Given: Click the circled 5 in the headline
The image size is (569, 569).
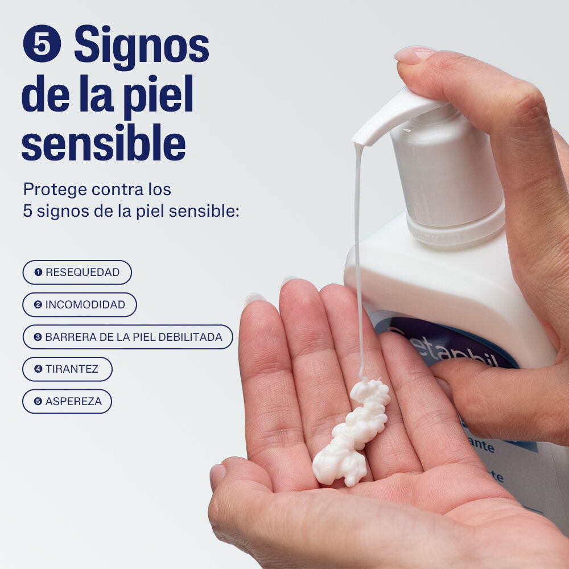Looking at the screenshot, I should click(x=42, y=43).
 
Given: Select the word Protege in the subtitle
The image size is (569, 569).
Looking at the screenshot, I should click(x=54, y=189).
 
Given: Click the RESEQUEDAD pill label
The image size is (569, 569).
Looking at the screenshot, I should click(x=77, y=273).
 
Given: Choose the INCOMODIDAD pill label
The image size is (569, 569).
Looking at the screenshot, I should click(x=80, y=304).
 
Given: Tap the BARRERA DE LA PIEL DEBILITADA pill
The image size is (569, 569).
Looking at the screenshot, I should click(x=128, y=337).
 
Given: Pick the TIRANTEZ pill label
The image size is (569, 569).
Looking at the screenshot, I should click(x=67, y=369).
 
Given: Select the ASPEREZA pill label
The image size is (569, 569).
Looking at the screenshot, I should click(x=67, y=401).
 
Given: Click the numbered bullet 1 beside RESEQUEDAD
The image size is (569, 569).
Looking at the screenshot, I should click(x=38, y=273).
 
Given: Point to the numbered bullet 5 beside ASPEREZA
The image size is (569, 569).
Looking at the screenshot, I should click(x=38, y=401).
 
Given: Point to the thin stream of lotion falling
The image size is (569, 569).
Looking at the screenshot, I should click(x=358, y=256).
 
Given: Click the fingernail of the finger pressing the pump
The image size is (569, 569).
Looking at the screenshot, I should click(x=414, y=54).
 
